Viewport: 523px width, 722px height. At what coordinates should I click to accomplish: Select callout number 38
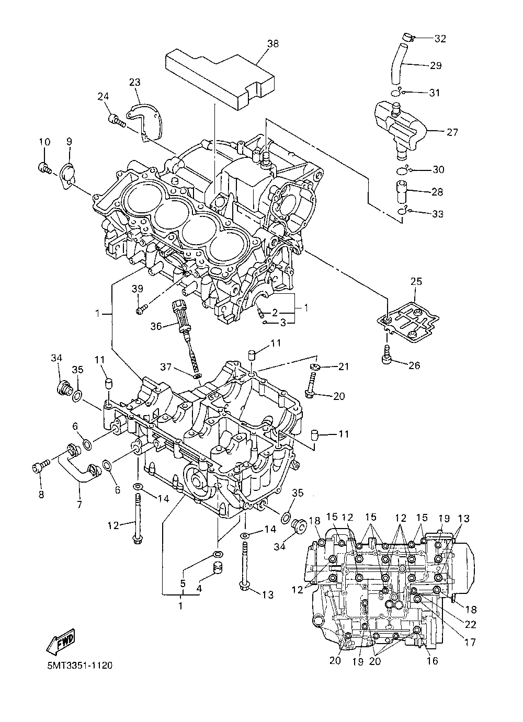click(273, 43)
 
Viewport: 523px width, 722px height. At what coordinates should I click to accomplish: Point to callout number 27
click(452, 132)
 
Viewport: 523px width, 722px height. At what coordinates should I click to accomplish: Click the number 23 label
click(135, 83)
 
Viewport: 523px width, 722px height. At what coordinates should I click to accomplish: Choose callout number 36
click(156, 327)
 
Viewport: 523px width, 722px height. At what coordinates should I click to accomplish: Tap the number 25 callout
click(416, 281)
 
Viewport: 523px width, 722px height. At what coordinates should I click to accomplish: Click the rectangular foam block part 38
click(220, 78)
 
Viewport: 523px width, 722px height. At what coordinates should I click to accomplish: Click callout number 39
click(138, 289)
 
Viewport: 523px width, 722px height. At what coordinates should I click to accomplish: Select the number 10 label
click(45, 142)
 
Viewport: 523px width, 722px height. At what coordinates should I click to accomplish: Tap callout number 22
click(471, 624)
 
